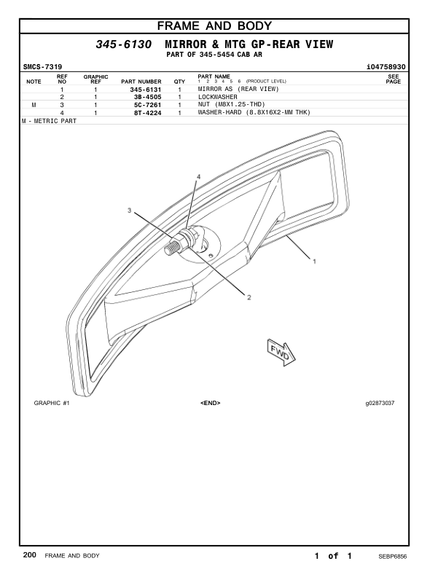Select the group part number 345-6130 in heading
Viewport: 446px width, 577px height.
(124, 45)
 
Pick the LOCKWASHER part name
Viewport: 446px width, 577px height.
(218, 97)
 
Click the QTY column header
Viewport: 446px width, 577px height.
(179, 82)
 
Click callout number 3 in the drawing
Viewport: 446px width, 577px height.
(130, 211)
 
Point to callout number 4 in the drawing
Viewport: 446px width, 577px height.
(198, 177)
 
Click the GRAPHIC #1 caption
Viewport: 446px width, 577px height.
(51, 403)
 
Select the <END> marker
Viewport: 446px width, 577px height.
(210, 403)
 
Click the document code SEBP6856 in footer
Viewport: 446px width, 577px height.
(392, 556)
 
